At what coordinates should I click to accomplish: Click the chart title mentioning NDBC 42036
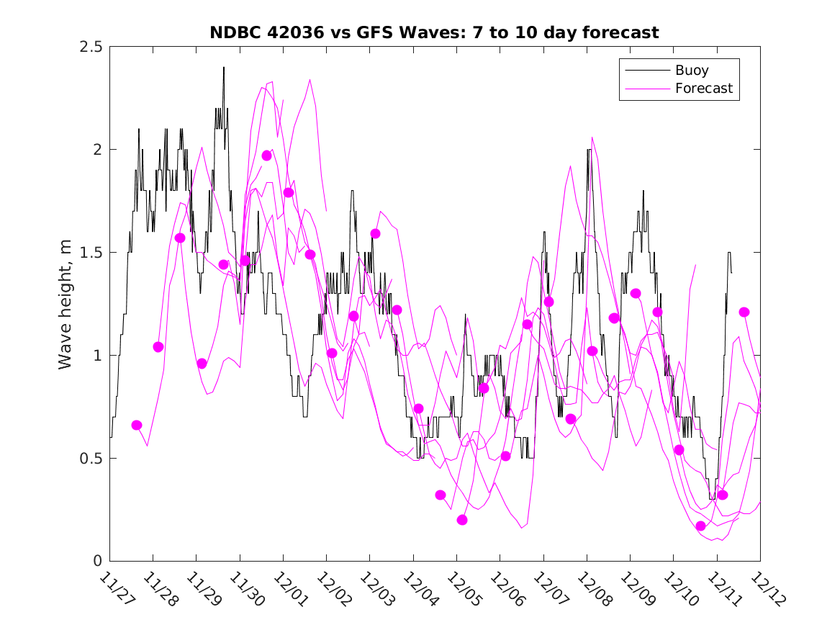coord(434,33)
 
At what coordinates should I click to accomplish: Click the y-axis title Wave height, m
coord(66,305)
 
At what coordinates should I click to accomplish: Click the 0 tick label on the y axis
coord(99,562)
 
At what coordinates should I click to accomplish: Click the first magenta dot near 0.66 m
coord(137,426)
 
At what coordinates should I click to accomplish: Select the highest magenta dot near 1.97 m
coord(267,156)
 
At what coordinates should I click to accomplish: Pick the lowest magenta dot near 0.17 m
coord(701,526)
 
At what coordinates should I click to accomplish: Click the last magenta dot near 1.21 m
coord(744,312)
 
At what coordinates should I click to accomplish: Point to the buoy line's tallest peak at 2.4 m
coord(224,68)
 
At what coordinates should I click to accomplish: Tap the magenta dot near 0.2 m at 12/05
coord(462,520)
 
